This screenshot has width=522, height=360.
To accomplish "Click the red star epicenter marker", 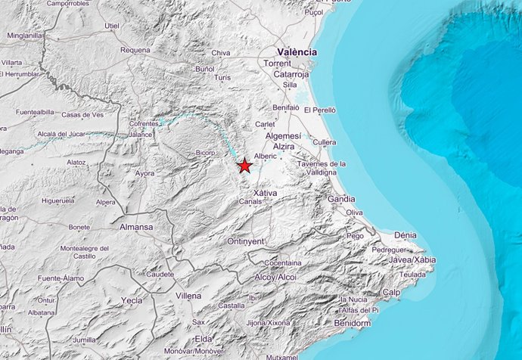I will (x=244, y=166).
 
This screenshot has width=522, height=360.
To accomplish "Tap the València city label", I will (x=296, y=51).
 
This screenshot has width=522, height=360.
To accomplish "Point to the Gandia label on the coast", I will (x=341, y=199).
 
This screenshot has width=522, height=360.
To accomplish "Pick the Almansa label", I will (x=136, y=226).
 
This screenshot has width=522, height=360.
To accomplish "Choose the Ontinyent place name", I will (x=246, y=241).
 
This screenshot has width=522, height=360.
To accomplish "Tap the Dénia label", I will (x=405, y=235).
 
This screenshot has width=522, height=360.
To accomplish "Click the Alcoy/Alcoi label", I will (x=275, y=277).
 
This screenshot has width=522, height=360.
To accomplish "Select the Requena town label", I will (x=135, y=51).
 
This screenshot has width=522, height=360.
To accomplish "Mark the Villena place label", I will (x=188, y=295).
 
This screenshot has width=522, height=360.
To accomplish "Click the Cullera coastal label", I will (x=324, y=141).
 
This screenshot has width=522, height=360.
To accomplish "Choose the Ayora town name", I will (x=144, y=173).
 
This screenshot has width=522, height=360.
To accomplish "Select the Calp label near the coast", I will (x=391, y=292).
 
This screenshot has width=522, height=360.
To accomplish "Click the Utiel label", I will (x=113, y=26).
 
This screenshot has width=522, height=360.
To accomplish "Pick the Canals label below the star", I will (x=249, y=202).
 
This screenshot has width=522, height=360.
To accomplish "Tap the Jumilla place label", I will (x=85, y=340).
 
